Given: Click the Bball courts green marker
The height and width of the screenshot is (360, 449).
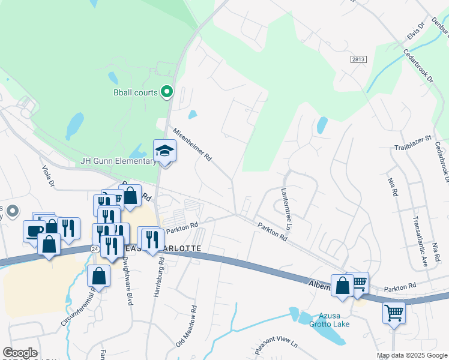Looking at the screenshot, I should [167, 92].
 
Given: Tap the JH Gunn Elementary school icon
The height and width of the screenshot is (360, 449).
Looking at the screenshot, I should [164, 151].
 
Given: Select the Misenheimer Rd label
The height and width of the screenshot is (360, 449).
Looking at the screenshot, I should [193, 146].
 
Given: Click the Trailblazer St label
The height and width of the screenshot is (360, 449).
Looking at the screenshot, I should [412, 138].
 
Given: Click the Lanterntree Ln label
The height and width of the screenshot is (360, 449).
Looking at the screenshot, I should [286, 208].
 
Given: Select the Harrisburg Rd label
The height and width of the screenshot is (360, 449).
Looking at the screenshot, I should [161, 272].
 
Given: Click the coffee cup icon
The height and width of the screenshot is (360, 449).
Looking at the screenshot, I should [34, 230].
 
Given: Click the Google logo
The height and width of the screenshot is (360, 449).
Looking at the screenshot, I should [20, 353].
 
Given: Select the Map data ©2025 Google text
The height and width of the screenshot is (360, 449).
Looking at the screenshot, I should [411, 355].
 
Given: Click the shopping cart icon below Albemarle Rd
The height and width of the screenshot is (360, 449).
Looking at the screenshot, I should [394, 312].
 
